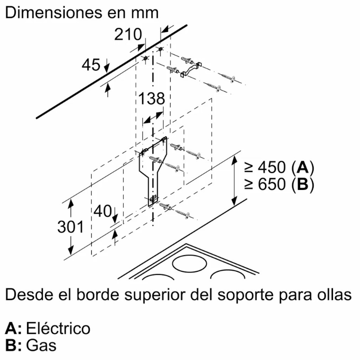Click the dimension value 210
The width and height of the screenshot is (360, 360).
click(127, 34)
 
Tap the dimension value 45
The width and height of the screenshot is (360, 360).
click(91, 65)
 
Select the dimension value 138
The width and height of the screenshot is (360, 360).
click(151, 99)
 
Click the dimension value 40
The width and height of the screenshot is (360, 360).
click(103, 211)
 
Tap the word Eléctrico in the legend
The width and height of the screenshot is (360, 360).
click(58, 328)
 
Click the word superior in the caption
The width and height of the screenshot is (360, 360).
click(162, 296)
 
